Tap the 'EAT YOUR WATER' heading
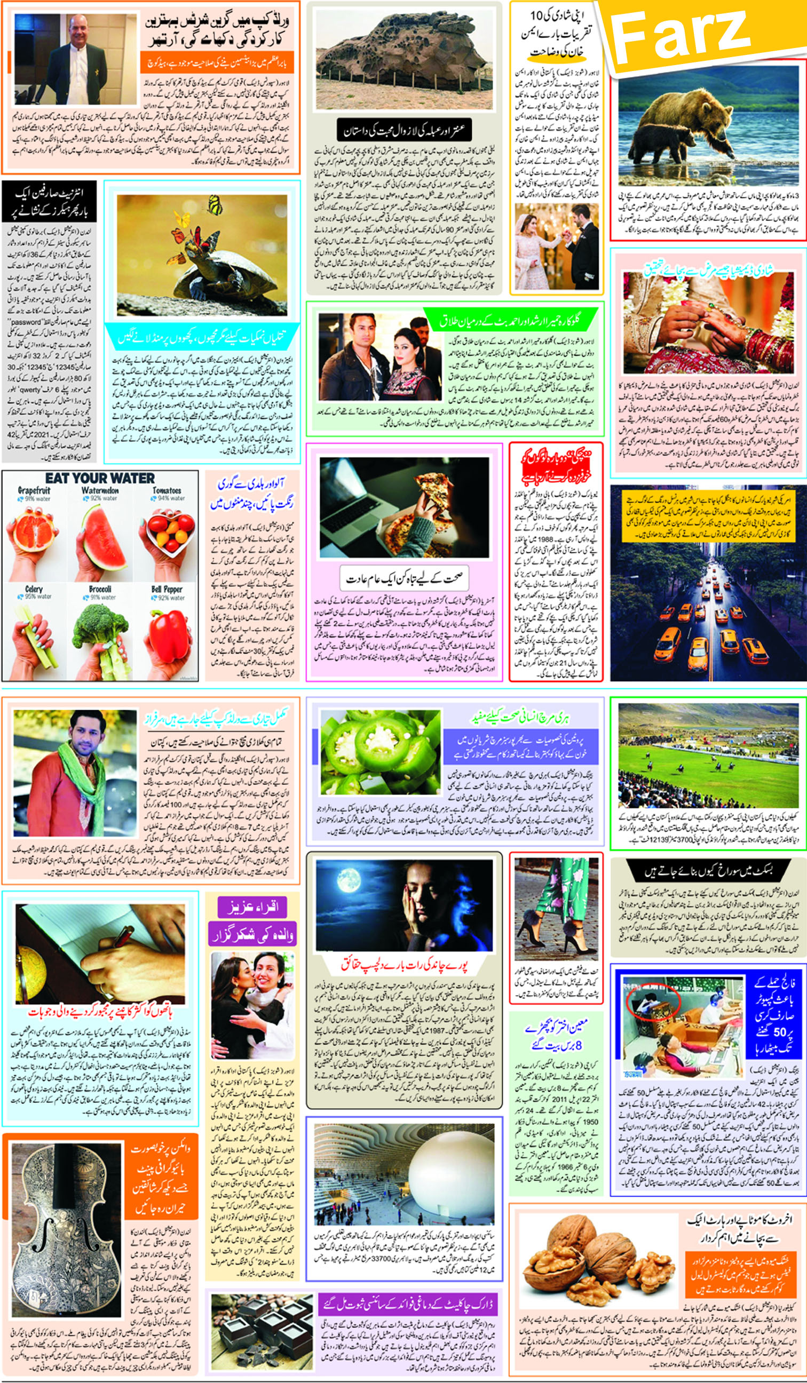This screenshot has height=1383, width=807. click(x=99, y=478)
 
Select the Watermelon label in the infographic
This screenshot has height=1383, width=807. click(x=100, y=490)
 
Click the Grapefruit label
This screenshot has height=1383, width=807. click(x=34, y=490)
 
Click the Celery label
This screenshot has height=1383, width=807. click(x=34, y=589)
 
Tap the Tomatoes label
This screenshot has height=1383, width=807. click(x=167, y=490)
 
